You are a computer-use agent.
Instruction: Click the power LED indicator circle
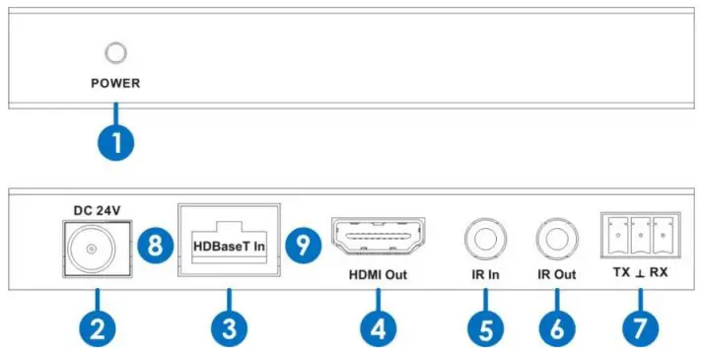coord(116,54)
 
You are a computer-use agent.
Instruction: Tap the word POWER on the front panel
coord(116,84)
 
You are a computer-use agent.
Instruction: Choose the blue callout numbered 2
coord(96,327)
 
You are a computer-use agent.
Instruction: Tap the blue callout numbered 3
coord(228,327)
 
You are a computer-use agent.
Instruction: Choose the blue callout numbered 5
coord(485,327)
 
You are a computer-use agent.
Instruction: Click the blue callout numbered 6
coord(556,327)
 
